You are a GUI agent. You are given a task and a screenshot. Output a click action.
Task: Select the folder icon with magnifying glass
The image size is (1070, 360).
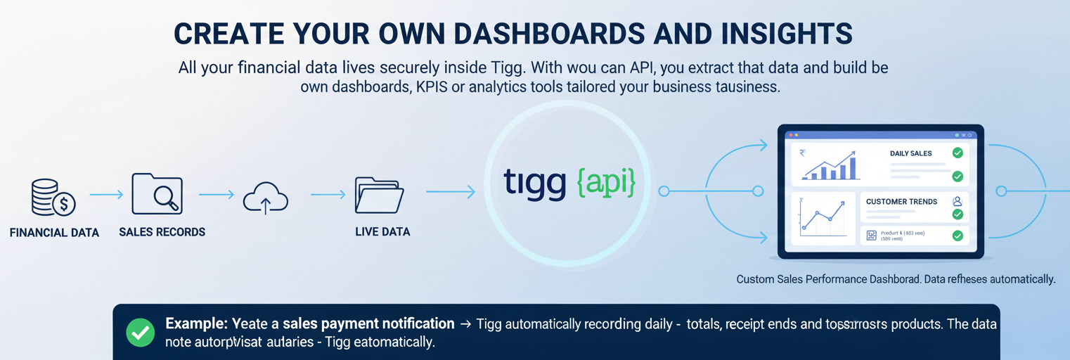(x=157, y=194)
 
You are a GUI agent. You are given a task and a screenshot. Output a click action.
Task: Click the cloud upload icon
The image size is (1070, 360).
(x=266, y=198)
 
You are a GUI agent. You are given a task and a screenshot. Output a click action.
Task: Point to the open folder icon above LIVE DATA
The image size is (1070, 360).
(x=379, y=195)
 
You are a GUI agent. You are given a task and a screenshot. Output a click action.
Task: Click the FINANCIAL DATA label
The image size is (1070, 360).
(x=54, y=232)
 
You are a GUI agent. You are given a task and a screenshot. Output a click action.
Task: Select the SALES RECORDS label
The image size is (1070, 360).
(x=162, y=232)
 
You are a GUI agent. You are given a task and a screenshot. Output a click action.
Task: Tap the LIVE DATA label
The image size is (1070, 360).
(x=382, y=231)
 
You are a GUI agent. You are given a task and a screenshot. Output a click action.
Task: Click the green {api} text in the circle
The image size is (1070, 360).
(x=606, y=182)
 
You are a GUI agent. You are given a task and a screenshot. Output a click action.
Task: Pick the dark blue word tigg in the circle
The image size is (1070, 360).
(x=534, y=182)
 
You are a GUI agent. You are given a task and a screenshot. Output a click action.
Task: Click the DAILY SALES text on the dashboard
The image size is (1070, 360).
(x=910, y=153)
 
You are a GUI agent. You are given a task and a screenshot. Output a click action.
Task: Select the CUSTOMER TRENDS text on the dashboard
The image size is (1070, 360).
(x=901, y=202)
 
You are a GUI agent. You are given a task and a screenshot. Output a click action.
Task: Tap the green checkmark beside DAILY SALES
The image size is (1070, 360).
(x=957, y=153)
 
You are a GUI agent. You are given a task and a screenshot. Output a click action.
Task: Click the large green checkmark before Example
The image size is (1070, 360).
(x=140, y=333)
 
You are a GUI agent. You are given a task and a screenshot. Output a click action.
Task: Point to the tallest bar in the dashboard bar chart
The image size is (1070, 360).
(x=853, y=167)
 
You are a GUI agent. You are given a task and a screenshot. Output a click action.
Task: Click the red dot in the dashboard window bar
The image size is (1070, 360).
(x=789, y=134)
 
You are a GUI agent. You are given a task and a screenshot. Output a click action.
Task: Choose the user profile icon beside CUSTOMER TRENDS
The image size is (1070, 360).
(x=956, y=201)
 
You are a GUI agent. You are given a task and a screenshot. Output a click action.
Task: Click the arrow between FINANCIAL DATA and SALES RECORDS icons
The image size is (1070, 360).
(x=106, y=195)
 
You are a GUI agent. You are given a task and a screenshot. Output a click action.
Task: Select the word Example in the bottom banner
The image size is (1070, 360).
(x=196, y=324)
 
